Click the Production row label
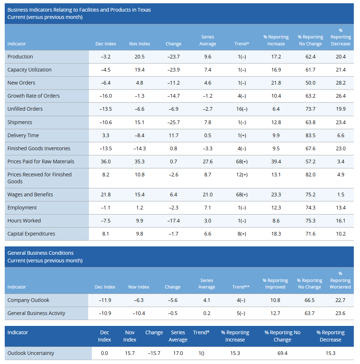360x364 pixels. tap(20, 57)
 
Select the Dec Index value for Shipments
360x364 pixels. tap(106, 122)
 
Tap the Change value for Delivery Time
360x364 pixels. tap(173, 135)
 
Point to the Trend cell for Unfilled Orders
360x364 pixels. tap(242, 109)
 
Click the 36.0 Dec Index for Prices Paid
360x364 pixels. tap(106, 161)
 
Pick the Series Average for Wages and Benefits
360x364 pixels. tap(208, 195)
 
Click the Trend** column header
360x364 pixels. tap(241, 287)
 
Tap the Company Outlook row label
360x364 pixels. tap(28, 300)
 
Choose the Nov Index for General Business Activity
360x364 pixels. tap(139, 313)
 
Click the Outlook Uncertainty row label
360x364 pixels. tap(31, 353)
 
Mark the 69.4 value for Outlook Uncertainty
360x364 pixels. tap(282, 353)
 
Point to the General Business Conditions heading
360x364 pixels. tap(41, 253)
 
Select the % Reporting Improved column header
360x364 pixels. tap(275, 283)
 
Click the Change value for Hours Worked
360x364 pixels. tap(173, 221)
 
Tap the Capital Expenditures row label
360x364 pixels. tap(31, 234)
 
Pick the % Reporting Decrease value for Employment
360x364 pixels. tap(341, 208)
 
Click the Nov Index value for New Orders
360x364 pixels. tap(139, 83)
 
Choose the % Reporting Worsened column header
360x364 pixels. tap(340, 280)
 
